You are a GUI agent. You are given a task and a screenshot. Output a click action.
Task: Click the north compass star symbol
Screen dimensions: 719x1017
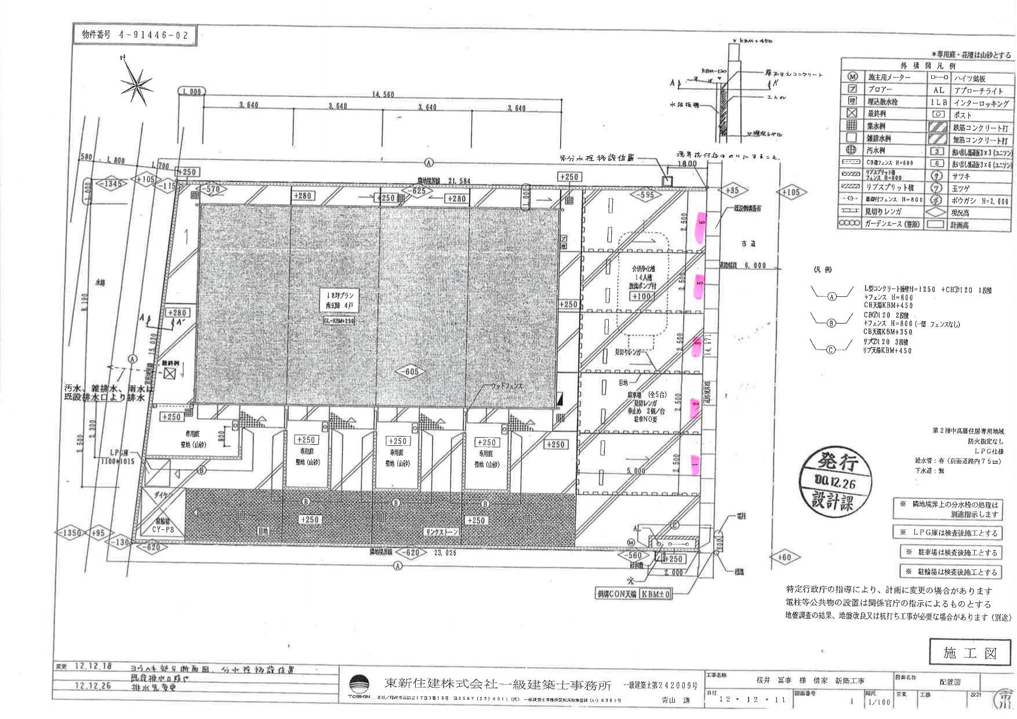point(137,83)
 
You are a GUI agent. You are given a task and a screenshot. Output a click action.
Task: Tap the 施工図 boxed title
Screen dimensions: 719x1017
point(969,653)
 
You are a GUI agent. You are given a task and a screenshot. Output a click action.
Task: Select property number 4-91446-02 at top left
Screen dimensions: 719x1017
point(132,35)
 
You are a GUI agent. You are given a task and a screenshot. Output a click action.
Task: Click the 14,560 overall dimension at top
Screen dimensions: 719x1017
point(383,95)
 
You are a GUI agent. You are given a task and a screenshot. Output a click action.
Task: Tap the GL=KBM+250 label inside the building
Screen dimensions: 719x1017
point(339,321)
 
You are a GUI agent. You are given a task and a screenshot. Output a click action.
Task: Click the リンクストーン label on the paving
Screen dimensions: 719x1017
point(442,532)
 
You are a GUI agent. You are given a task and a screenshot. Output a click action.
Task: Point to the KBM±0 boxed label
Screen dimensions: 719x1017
point(655,594)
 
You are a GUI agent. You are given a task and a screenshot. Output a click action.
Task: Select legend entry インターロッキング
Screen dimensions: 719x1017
point(981,103)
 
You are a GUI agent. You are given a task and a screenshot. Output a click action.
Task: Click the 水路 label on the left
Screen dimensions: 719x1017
point(100,283)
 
